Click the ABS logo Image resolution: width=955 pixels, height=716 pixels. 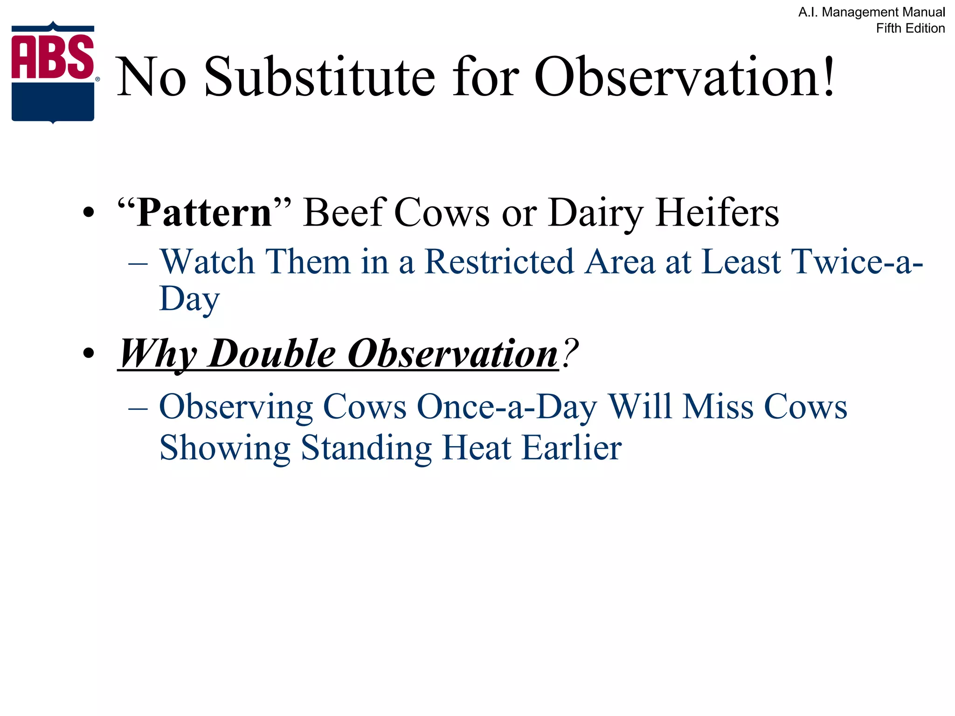point(53,72)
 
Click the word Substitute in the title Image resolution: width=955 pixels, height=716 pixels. point(320,77)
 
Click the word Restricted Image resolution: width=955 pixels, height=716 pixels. point(499,262)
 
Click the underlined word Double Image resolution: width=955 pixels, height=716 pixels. point(272,354)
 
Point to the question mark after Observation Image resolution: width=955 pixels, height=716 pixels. point(570,353)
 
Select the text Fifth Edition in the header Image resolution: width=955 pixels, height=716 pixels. point(910,28)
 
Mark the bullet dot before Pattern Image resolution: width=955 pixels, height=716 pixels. point(88,213)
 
